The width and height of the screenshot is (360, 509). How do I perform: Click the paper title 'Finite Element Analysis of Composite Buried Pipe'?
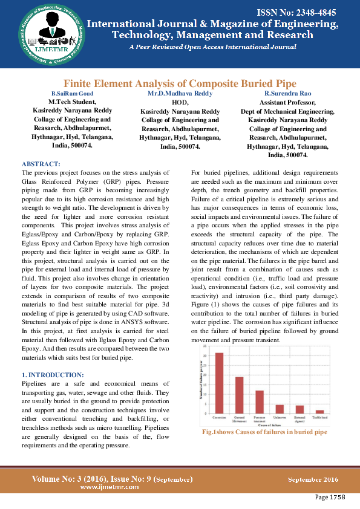[x=180, y=83]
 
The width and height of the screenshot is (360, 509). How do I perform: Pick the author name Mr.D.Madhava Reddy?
[x=180, y=94]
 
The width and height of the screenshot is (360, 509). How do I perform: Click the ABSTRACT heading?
[x=41, y=164]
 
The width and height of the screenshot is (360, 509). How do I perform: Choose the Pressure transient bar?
[x=259, y=402]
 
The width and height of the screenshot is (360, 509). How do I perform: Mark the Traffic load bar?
[x=319, y=412]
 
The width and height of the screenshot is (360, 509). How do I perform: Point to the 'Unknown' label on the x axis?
[x=280, y=418]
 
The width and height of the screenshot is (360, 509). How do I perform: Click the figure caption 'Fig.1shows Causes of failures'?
[x=264, y=432]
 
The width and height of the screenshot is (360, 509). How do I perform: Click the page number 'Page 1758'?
[x=330, y=498]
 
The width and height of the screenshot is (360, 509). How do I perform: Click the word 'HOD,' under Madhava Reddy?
[x=180, y=103]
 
